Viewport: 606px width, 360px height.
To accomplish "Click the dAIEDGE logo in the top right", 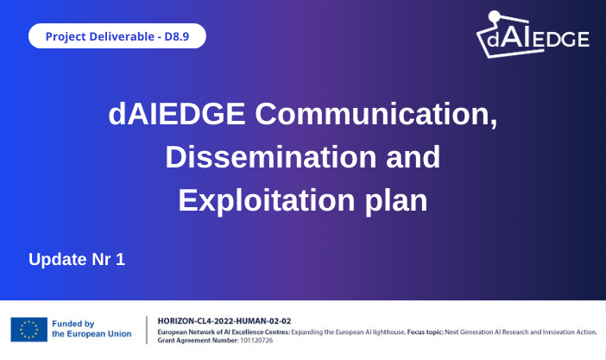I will click(x=533, y=37).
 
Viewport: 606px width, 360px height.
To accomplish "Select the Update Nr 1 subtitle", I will click(x=77, y=259).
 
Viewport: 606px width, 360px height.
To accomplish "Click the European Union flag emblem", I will click(x=28, y=329).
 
